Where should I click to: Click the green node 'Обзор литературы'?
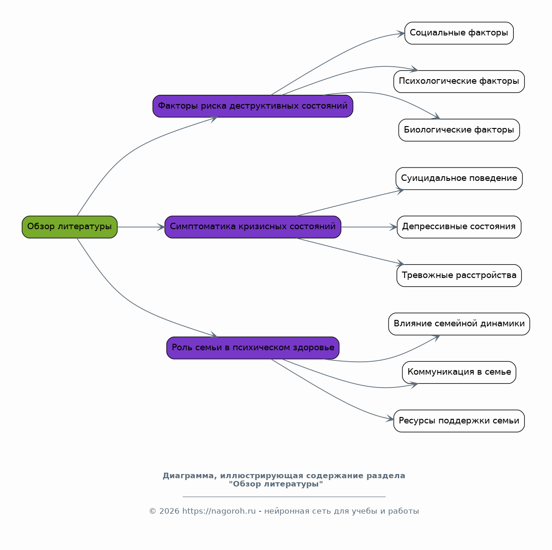pyautogui.click(x=70, y=227)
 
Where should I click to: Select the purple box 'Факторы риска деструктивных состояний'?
pyautogui.click(x=253, y=106)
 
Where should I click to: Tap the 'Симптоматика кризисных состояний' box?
pyautogui.click(x=253, y=227)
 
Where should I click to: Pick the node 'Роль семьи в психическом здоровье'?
pyautogui.click(x=253, y=348)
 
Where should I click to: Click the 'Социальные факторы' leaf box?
pyautogui.click(x=459, y=33)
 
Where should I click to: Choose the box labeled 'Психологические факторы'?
pyautogui.click(x=459, y=81)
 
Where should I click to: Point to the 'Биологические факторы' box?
pyautogui.click(x=459, y=130)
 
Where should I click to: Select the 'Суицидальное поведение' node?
pyautogui.click(x=459, y=179)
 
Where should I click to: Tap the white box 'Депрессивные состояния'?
pyautogui.click(x=459, y=227)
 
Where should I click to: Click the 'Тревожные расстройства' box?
pyautogui.click(x=459, y=276)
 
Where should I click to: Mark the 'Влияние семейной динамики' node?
pyautogui.click(x=459, y=324)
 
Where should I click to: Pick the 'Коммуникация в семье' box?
pyautogui.click(x=459, y=372)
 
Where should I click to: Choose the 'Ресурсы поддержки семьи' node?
pyautogui.click(x=459, y=421)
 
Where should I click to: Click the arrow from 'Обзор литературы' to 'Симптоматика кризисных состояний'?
pyautogui.click(x=141, y=227)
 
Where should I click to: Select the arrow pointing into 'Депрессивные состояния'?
pyautogui.click(x=369, y=227)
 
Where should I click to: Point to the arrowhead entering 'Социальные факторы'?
pyautogui.click(x=401, y=34)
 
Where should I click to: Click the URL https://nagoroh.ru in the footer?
pyautogui.click(x=219, y=511)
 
